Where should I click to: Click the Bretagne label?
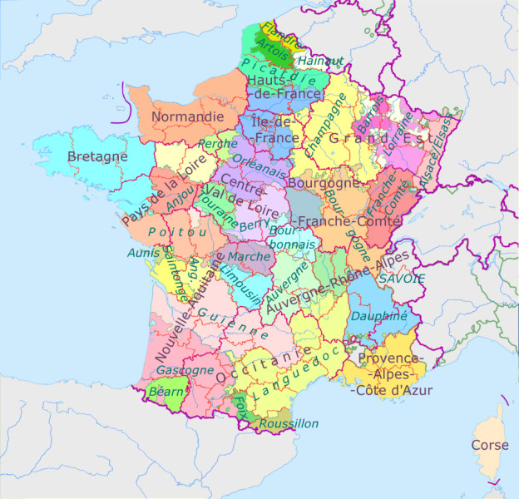(x=97, y=156)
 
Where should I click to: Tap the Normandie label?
(x=188, y=116)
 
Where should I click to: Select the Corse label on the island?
(x=489, y=445)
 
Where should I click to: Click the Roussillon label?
(x=289, y=423)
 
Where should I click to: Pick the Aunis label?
(x=141, y=252)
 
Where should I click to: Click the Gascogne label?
(x=185, y=369)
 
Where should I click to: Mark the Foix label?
(x=240, y=405)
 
